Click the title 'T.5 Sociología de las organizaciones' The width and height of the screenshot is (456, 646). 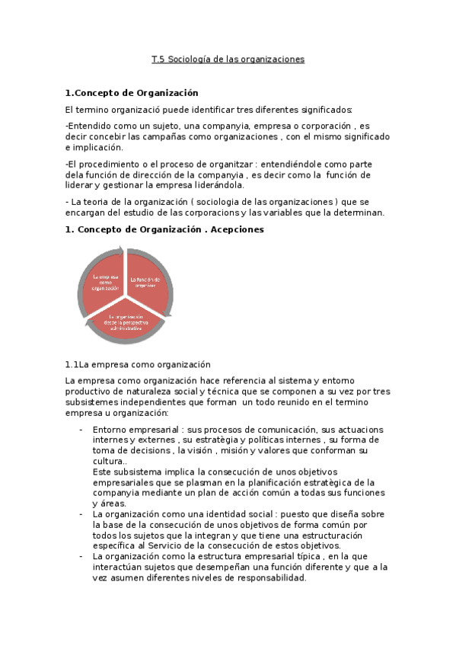point(228,59)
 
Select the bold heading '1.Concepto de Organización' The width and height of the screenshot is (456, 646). point(126,93)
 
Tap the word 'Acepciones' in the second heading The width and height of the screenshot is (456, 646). point(236,229)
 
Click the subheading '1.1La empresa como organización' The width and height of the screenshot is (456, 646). point(138,364)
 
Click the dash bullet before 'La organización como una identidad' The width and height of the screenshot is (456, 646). point(81,514)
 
